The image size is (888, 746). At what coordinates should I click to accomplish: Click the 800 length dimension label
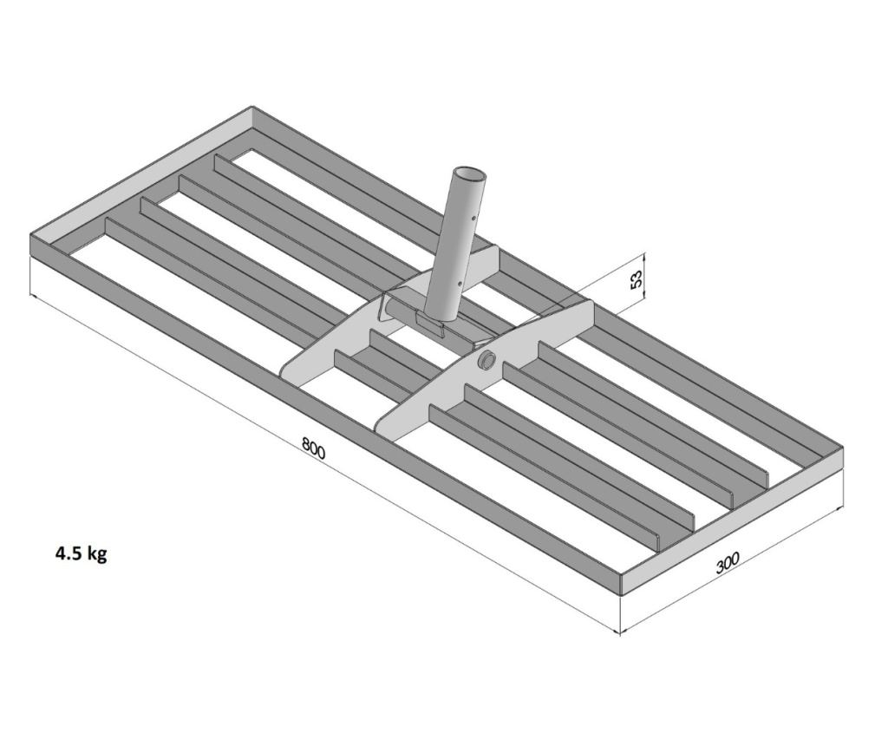pos(314,448)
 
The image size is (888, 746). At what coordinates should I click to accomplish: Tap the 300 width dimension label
pos(728,562)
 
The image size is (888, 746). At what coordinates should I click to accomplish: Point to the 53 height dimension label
pos(637,278)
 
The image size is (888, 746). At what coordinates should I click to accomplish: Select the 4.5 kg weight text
pos(81,554)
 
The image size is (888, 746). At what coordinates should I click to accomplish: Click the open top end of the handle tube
pos(471,173)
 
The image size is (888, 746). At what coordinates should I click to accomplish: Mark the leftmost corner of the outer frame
pos(29,234)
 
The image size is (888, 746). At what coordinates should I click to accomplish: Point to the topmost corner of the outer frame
pos(251,107)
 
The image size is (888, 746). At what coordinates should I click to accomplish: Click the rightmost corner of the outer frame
pos(844,448)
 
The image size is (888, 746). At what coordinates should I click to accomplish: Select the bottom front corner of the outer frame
pos(621,595)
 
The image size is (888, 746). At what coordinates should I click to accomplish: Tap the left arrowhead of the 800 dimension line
pos(33,296)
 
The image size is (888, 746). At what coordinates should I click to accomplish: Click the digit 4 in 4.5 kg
pos(60,553)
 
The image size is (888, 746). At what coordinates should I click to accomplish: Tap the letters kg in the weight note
pos(97,555)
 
